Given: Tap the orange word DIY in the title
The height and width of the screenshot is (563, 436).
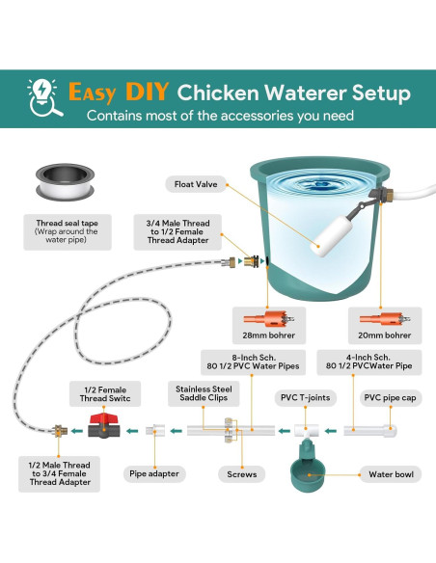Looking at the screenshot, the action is click(x=148, y=92).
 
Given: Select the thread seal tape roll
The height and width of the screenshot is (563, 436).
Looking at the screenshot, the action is click(x=65, y=181).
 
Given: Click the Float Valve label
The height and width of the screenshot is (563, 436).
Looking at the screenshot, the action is click(x=196, y=184).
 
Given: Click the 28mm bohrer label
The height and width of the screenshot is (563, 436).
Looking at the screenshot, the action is click(x=268, y=335).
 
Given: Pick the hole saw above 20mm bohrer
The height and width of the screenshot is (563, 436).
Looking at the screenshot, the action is click(x=385, y=318).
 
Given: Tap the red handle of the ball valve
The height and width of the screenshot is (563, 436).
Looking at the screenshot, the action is click(x=104, y=419).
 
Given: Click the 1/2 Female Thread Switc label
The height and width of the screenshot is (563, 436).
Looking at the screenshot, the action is click(x=105, y=394).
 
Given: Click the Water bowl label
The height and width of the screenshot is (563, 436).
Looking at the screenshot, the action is click(x=391, y=474).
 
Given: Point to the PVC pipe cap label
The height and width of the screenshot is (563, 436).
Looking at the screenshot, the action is click(x=390, y=398).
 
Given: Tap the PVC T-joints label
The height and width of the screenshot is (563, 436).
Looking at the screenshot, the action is click(x=305, y=398).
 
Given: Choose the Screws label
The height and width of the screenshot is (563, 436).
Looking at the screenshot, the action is click(x=242, y=474).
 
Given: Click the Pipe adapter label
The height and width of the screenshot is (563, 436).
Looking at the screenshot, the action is click(x=154, y=473).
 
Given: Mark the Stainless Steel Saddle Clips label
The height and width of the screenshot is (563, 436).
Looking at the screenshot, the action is click(x=204, y=393).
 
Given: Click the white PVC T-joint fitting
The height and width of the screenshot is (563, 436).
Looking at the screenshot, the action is click(x=307, y=431).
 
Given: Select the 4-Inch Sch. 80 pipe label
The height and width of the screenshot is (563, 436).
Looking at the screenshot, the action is click(x=368, y=362).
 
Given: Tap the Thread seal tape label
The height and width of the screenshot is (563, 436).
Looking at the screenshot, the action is click(x=68, y=232).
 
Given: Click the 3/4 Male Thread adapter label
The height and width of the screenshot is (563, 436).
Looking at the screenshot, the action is click(x=177, y=232).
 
